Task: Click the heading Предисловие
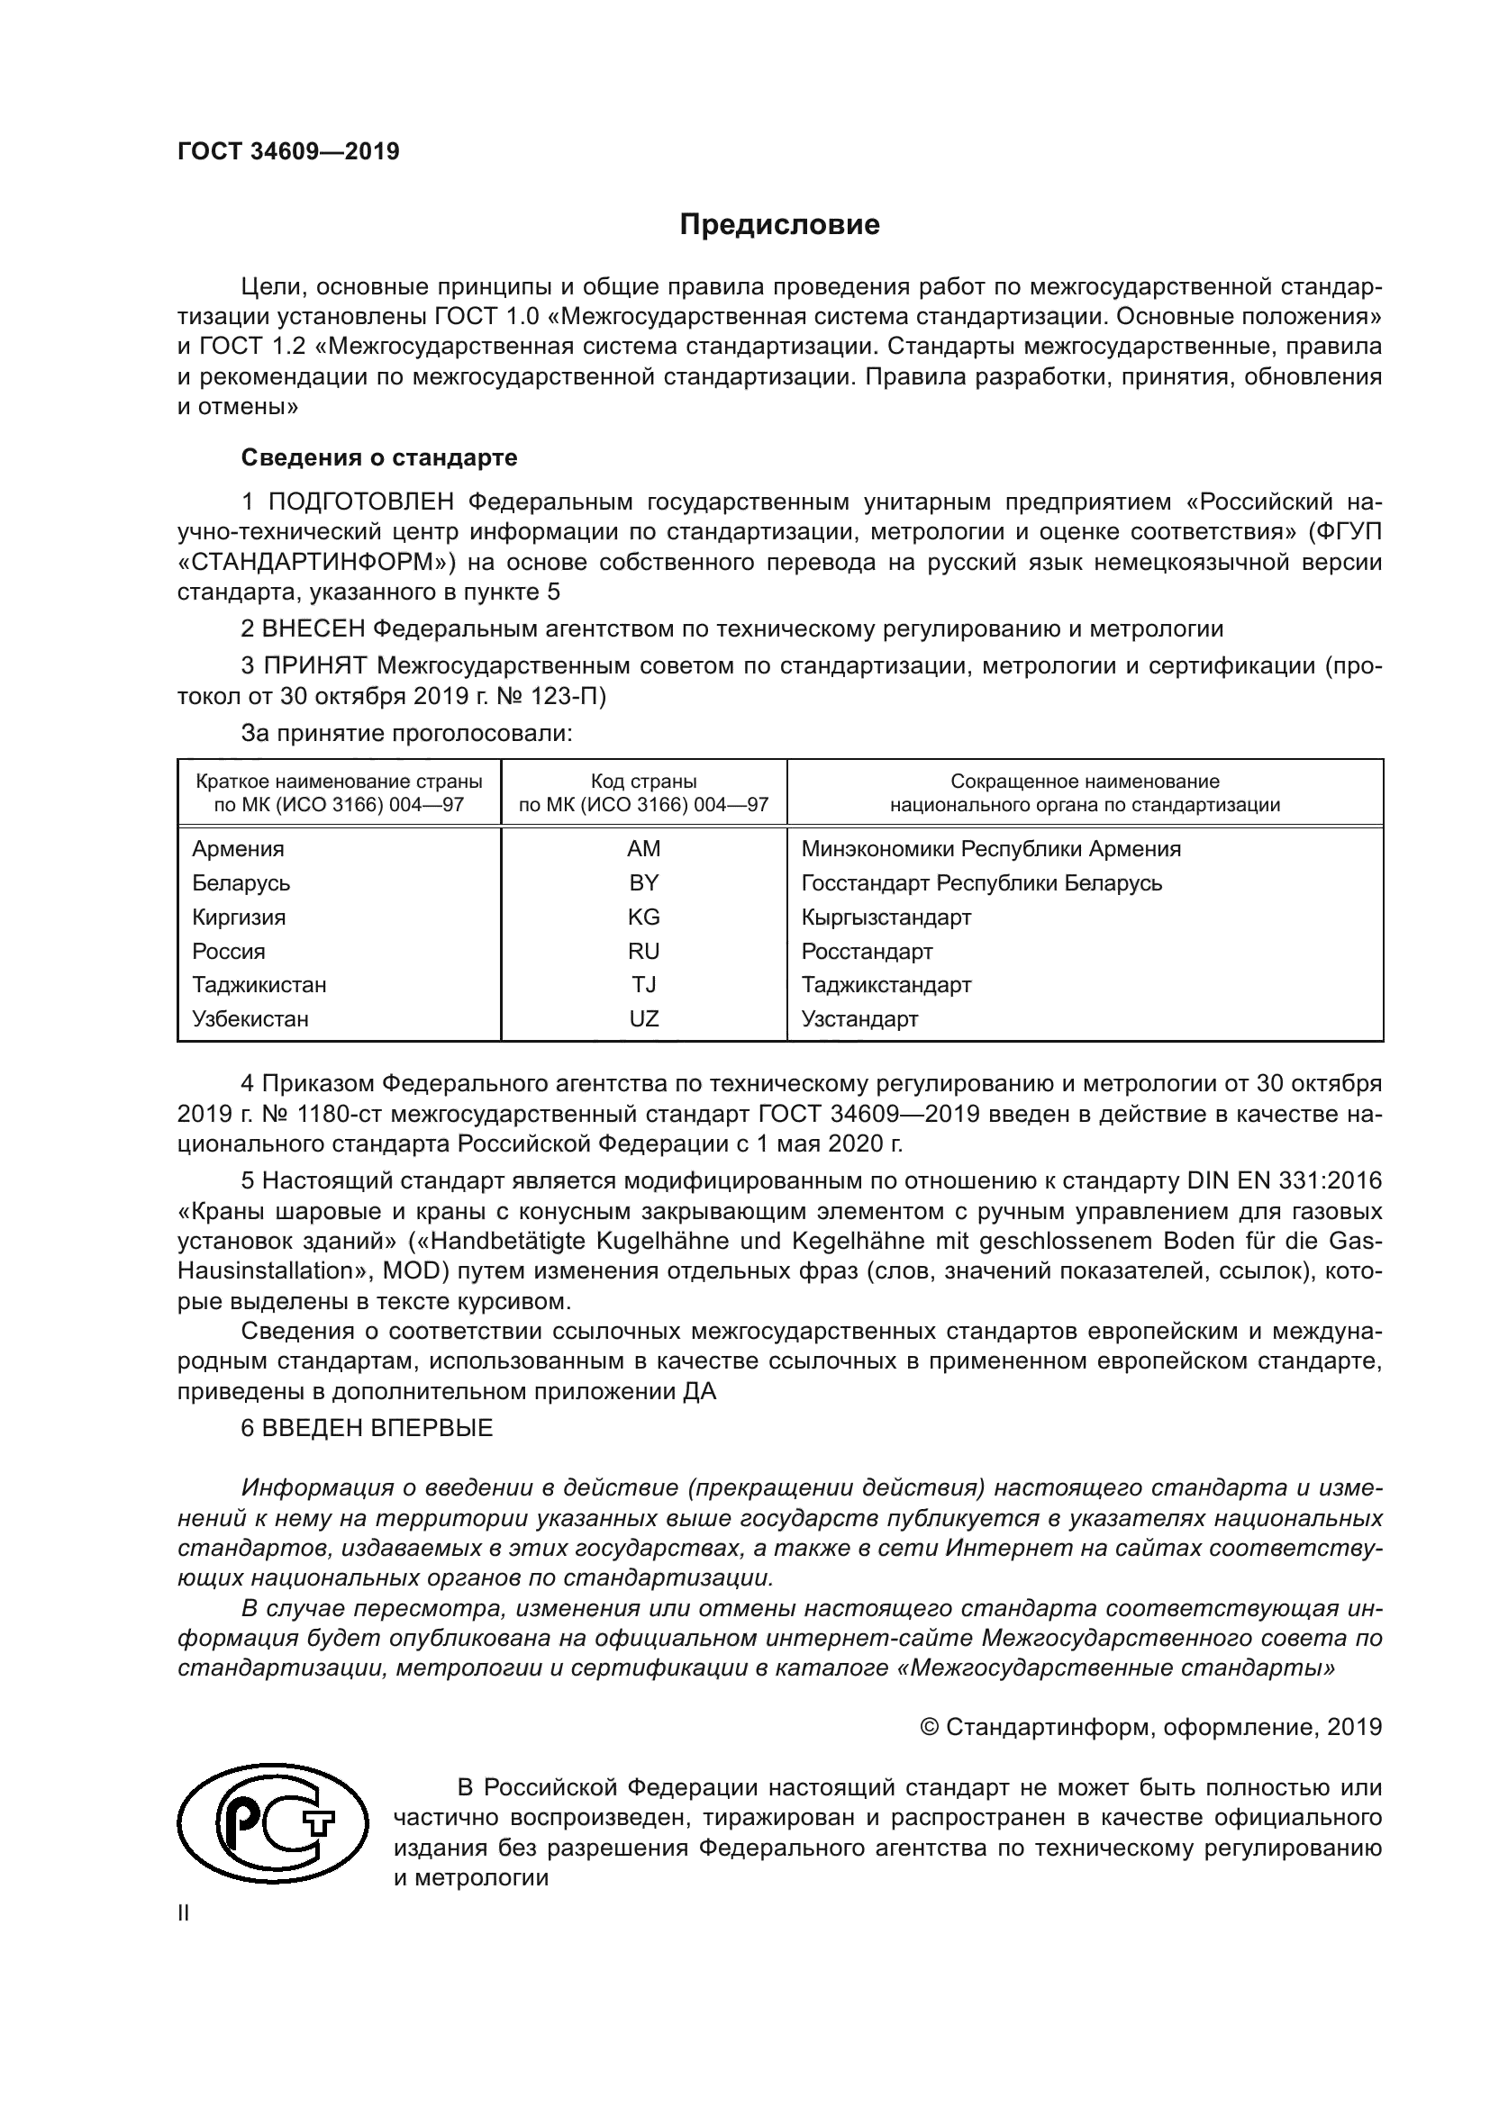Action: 779,225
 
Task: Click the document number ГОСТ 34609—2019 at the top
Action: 288,151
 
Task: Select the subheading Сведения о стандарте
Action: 379,456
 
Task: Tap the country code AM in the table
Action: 643,848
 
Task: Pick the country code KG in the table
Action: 643,917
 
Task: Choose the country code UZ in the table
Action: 643,1018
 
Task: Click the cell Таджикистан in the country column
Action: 259,984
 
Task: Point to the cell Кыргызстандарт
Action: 886,917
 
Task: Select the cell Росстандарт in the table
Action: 866,950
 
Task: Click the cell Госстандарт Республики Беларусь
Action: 981,882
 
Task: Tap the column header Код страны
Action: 643,782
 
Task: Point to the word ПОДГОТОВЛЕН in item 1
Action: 360,502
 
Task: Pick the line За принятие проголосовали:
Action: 406,733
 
